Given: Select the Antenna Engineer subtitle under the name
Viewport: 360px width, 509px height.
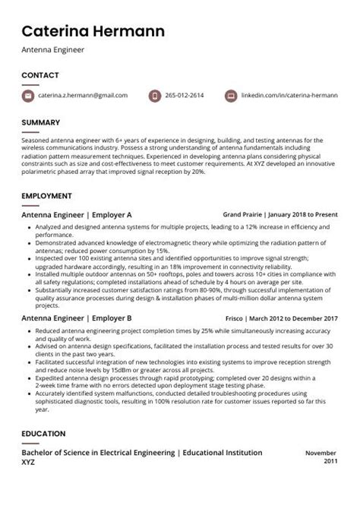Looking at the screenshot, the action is tap(52, 50).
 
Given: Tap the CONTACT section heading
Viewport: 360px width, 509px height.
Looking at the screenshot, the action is tap(39, 75).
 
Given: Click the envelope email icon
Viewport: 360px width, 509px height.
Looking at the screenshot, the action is tap(29, 96).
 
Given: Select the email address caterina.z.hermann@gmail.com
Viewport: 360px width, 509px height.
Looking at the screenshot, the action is tap(84, 96).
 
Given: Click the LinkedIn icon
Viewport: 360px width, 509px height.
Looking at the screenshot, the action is tap(231, 96).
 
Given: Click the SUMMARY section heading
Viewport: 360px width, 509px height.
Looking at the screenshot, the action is tap(40, 122).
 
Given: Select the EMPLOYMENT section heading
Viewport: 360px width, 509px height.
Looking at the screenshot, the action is tap(46, 196).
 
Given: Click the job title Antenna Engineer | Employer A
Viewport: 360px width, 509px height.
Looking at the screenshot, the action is tap(76, 215).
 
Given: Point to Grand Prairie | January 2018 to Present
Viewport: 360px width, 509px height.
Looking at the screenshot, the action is tap(279, 215).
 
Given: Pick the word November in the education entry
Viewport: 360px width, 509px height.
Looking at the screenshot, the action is tap(321, 453).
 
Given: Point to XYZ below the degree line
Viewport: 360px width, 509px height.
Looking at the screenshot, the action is tap(29, 462).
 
